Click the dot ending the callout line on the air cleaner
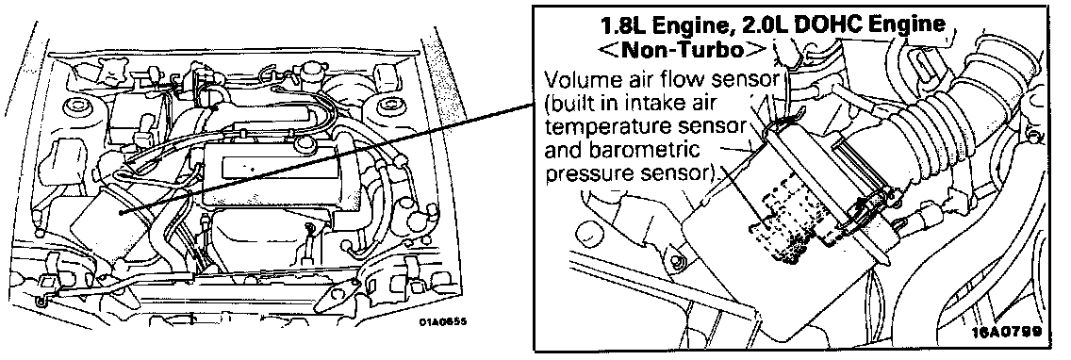click(x=121, y=212)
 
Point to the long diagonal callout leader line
click(x=326, y=158)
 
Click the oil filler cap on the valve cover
click(x=305, y=145)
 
